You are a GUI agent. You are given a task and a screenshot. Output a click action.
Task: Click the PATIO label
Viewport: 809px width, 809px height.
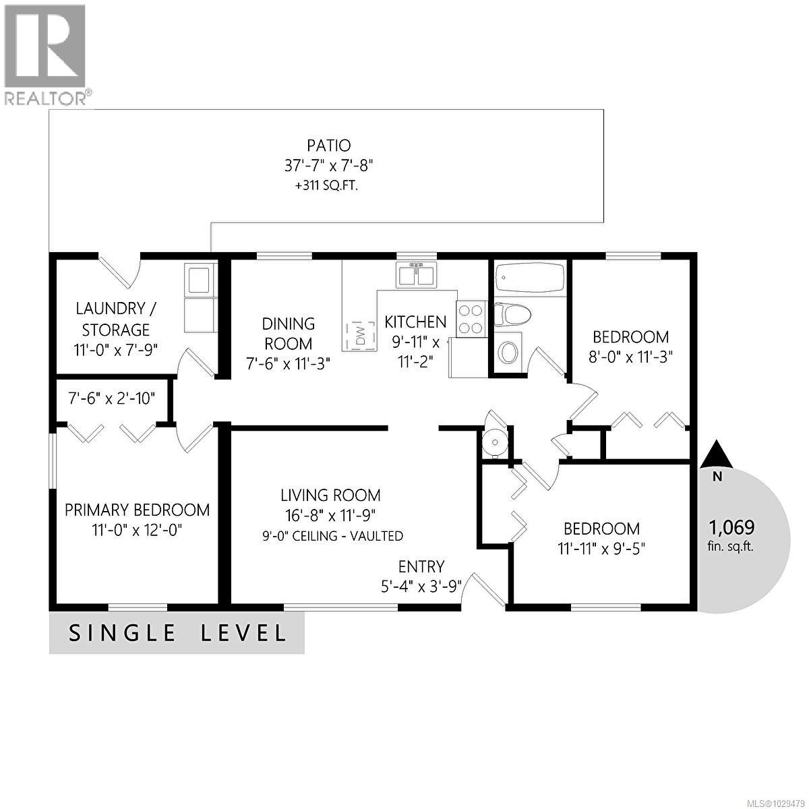329,145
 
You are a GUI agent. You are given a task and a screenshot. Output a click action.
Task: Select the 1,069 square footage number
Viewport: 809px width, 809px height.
731,527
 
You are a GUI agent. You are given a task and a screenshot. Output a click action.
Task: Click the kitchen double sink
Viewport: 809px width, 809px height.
415,276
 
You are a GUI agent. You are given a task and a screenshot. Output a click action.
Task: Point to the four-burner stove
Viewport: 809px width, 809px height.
471,319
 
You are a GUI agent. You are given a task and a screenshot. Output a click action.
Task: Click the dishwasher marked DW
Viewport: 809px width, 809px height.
360,334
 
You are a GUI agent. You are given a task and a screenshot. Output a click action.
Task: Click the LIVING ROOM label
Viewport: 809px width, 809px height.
330,496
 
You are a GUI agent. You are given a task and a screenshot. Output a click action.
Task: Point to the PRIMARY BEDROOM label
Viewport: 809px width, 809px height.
137,510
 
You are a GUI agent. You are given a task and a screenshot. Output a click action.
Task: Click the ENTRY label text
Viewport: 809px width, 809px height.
421,566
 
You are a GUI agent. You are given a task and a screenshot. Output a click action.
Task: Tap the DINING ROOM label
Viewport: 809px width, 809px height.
288,334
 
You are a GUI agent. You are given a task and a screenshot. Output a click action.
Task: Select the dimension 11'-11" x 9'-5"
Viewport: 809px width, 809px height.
602,548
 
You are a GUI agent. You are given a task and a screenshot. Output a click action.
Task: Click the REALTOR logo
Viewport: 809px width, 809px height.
45,54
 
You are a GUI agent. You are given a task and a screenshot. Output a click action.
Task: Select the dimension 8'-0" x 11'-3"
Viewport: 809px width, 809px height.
630,357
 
